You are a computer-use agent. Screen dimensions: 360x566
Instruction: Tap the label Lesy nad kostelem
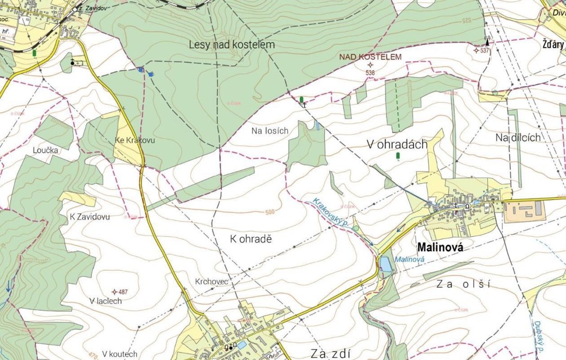pyautogui.click(x=232, y=44)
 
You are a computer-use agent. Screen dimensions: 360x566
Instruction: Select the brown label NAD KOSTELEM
pyautogui.click(x=371, y=56)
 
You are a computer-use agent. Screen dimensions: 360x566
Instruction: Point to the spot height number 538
pyautogui.click(x=371, y=73)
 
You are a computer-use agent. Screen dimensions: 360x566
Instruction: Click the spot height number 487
pyautogui.click(x=123, y=292)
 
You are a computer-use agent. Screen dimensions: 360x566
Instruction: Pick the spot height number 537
pyautogui.click(x=484, y=50)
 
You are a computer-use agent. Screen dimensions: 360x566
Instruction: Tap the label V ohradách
pyautogui.click(x=397, y=144)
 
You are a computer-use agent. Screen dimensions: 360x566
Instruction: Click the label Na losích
pyautogui.click(x=270, y=131)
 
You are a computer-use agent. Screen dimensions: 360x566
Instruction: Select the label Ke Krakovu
pyautogui.click(x=135, y=140)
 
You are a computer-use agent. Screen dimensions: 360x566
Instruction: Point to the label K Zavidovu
pyautogui.click(x=90, y=216)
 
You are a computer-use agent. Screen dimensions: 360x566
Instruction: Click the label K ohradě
pyautogui.click(x=250, y=239)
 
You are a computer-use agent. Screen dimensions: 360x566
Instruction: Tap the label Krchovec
pyautogui.click(x=211, y=282)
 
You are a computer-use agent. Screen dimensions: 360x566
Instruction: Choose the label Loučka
pyautogui.click(x=45, y=151)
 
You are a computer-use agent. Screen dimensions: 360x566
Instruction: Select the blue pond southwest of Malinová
pyautogui.click(x=385, y=264)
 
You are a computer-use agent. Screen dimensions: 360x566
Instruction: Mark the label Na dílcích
pyautogui.click(x=518, y=138)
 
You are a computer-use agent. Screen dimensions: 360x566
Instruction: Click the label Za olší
pyautogui.click(x=462, y=284)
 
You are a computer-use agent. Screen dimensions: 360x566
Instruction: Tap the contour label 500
pyautogui.click(x=271, y=212)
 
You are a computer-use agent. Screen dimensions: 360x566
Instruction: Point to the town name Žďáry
pyautogui.click(x=552, y=44)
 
